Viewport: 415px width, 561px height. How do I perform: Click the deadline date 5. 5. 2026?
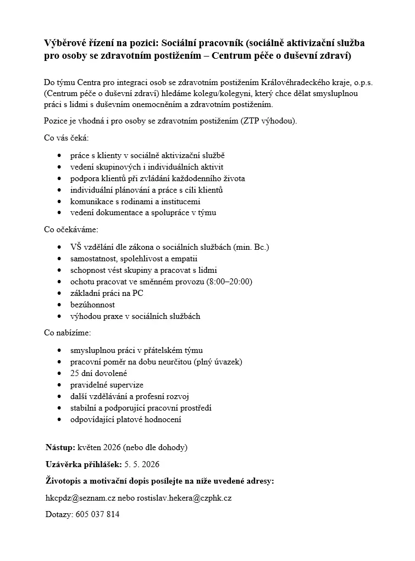142,464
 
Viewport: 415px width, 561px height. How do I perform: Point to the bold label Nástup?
60,447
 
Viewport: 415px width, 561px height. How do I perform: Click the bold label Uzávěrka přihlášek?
83,464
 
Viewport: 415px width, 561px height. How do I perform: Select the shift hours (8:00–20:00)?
229,282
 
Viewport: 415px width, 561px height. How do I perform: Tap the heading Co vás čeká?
66,137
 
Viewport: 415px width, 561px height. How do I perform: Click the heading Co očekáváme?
71,229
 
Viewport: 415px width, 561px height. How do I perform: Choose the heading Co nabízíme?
68,333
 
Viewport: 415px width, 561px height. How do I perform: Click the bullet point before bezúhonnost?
59,305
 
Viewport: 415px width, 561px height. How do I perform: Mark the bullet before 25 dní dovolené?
59,373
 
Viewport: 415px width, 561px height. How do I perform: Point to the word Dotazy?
58,514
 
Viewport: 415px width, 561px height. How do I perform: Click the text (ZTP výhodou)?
268,121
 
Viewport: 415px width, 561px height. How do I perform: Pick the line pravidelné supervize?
107,385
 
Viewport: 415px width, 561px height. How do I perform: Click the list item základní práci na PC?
107,293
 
